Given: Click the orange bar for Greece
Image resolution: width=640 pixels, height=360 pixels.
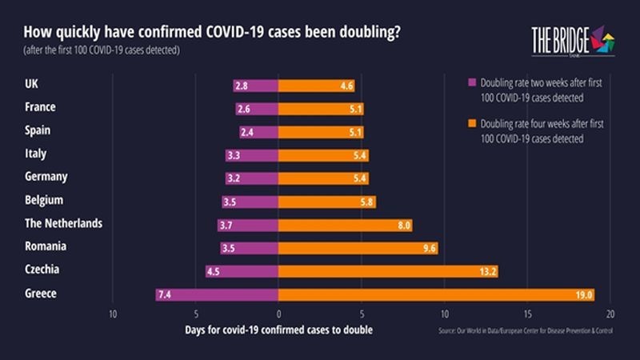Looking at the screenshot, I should (x=436, y=294).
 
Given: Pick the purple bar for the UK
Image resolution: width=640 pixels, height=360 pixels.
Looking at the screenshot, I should (x=255, y=85).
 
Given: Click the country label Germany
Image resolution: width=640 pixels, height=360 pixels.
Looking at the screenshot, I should (x=46, y=177).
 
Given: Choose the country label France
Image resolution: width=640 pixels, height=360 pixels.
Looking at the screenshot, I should (x=41, y=107).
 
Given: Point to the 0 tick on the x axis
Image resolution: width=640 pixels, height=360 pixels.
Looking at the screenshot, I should (x=278, y=313).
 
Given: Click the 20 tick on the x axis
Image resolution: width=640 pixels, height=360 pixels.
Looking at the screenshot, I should (x=610, y=313).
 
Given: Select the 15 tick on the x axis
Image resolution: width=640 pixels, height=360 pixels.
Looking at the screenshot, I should (x=527, y=313).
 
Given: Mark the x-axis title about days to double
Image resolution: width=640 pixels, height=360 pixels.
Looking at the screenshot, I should (x=278, y=330).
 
